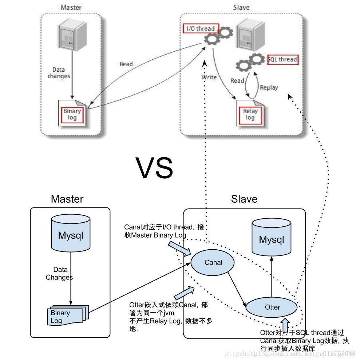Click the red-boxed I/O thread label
[201, 28]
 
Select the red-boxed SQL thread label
[282, 59]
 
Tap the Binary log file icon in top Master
[73, 114]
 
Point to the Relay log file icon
[250, 114]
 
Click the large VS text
[154, 168]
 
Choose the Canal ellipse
[213, 262]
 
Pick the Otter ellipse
[272, 307]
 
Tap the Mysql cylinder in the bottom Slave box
[271, 238]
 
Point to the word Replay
[269, 87]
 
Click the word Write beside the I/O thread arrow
[209, 77]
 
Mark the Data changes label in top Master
[61, 73]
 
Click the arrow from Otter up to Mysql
[272, 277]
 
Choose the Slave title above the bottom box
[244, 199]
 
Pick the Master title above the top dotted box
[71, 7]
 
